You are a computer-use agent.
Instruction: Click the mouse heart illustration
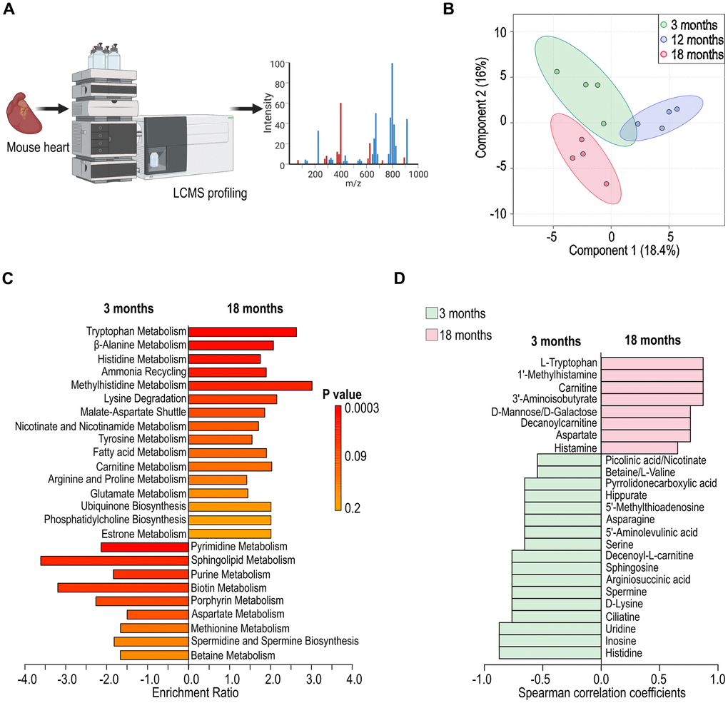click(x=24, y=115)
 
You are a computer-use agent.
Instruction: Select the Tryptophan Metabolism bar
click(x=242, y=332)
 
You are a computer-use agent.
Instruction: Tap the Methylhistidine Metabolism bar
click(x=250, y=385)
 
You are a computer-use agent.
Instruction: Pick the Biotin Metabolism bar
click(x=123, y=587)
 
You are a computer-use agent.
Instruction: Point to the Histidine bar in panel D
click(x=550, y=653)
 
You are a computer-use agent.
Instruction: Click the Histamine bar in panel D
click(x=639, y=447)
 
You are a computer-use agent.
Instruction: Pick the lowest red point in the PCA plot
click(x=606, y=184)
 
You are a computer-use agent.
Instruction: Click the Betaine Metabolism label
click(x=233, y=655)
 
